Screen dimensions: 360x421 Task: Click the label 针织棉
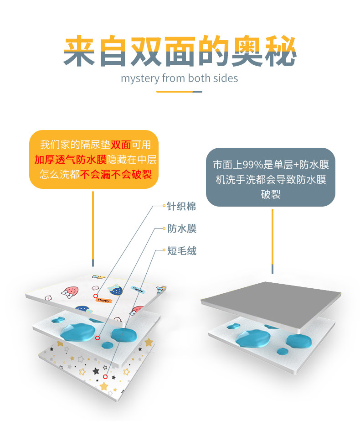click(x=181, y=206)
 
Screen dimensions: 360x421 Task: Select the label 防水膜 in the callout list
click(x=181, y=229)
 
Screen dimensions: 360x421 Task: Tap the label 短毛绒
click(x=181, y=250)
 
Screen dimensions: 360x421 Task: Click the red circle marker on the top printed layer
click(x=96, y=296)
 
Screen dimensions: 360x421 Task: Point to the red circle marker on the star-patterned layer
click(x=105, y=377)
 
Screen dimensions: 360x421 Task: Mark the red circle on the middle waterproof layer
click(x=98, y=338)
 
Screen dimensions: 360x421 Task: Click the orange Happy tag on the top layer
click(x=103, y=301)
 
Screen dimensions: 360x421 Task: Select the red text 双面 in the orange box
click(x=121, y=145)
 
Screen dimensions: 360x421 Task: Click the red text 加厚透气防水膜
click(x=70, y=160)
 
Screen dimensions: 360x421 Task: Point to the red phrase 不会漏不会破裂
click(x=116, y=174)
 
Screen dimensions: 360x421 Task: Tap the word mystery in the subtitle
click(x=140, y=78)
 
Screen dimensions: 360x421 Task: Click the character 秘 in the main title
click(x=279, y=52)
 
